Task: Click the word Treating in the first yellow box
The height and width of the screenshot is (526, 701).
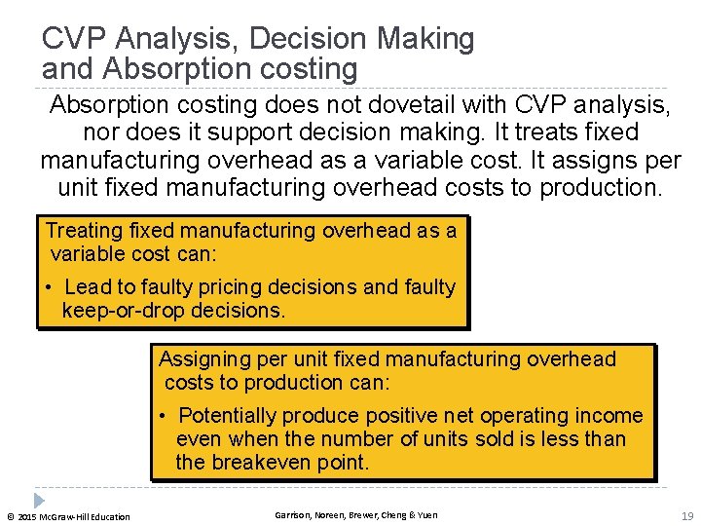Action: tap(85, 231)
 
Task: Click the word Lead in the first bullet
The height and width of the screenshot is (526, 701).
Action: tap(87, 287)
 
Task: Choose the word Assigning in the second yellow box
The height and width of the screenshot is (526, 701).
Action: tap(202, 359)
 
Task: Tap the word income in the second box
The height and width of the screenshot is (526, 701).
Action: tap(610, 416)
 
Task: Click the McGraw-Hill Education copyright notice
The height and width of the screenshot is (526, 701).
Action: tap(68, 516)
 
